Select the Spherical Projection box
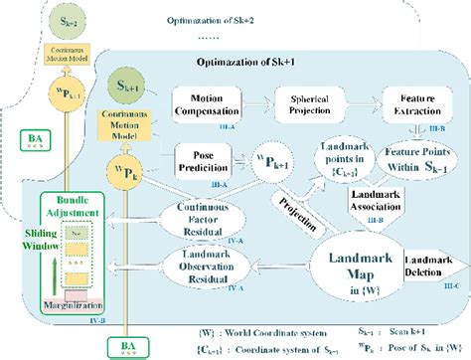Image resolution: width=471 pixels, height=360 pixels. (310, 104)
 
